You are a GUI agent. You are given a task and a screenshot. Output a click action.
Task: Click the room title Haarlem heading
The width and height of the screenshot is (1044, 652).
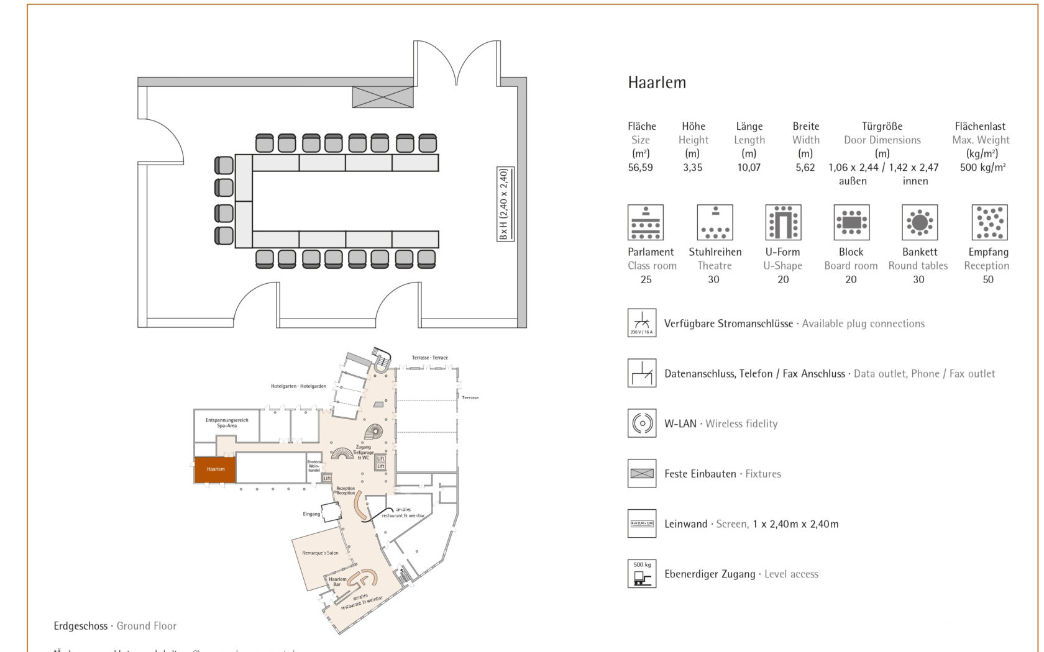point(657,83)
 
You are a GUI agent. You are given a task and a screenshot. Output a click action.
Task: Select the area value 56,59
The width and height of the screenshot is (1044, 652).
point(640,168)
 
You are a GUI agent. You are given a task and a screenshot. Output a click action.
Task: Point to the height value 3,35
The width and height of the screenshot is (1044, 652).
point(692,168)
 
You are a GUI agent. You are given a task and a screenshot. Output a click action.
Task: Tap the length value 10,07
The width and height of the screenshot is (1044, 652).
point(749,168)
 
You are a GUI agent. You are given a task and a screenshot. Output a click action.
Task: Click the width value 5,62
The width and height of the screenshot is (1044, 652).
point(805,168)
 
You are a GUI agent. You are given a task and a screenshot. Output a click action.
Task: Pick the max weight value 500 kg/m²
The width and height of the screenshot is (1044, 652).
point(982,168)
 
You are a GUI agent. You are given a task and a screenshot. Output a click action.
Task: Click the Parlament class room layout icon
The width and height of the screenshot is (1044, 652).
point(646,222)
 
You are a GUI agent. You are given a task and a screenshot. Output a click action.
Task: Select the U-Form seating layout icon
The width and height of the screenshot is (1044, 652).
point(783,222)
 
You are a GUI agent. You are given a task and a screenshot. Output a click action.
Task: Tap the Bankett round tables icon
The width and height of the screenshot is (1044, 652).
point(920,222)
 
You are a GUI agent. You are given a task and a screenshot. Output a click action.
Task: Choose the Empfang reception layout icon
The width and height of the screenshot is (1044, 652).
point(989,222)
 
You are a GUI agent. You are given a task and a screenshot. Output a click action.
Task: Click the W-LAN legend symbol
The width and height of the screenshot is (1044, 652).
point(642,423)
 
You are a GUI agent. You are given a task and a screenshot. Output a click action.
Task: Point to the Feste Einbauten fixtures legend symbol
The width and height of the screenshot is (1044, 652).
point(642,474)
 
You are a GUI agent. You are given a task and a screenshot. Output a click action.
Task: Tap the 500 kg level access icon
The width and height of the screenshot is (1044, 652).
point(642,574)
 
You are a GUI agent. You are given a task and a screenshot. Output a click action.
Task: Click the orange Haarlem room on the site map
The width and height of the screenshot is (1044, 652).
point(215,470)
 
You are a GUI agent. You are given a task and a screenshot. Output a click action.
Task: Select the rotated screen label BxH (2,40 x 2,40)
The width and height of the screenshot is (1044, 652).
point(505,204)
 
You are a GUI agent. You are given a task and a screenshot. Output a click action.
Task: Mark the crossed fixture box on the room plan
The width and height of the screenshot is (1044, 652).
point(383,97)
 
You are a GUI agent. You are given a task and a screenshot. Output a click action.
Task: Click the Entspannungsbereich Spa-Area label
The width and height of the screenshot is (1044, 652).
point(227,423)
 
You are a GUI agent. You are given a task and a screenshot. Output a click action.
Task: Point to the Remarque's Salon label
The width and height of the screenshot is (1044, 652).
point(320,553)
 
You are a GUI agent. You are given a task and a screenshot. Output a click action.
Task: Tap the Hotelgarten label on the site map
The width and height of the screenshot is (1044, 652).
point(298,386)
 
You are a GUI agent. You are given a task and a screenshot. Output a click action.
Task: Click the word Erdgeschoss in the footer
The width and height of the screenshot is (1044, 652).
point(81,626)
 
